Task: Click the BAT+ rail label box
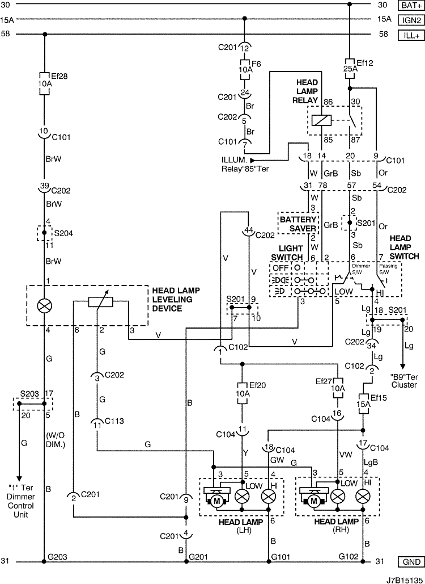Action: coord(411,5)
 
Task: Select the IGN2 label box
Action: coord(411,20)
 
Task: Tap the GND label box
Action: coord(411,562)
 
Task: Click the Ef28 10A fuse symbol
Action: coord(45,84)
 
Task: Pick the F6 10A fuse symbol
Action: coord(245,70)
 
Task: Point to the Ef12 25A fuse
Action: coord(350,69)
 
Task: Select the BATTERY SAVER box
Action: coord(298,224)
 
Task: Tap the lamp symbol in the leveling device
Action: coord(45,306)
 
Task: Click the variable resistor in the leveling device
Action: coord(100,302)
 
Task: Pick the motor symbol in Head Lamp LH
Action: coord(217,501)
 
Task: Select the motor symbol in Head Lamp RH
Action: coord(313,501)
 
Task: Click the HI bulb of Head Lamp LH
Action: coord(269,496)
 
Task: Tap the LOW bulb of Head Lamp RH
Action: coord(338,496)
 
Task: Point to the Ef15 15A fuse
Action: coord(363,404)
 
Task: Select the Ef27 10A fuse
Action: coord(338,388)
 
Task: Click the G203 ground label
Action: coord(58,557)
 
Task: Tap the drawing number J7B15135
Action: coord(405,579)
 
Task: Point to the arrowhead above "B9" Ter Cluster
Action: coord(402,367)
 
